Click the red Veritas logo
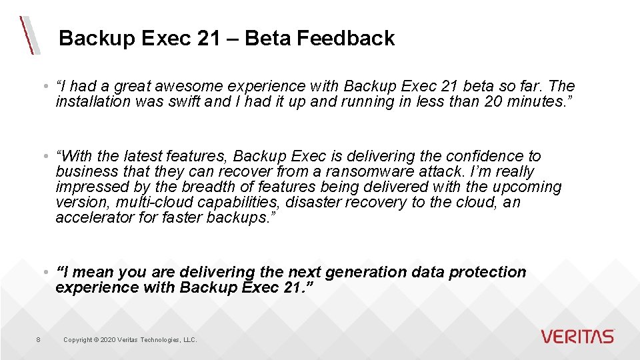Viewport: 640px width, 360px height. coord(577,337)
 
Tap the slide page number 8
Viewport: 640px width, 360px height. coord(38,340)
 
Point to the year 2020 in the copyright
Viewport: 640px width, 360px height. coord(107,340)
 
